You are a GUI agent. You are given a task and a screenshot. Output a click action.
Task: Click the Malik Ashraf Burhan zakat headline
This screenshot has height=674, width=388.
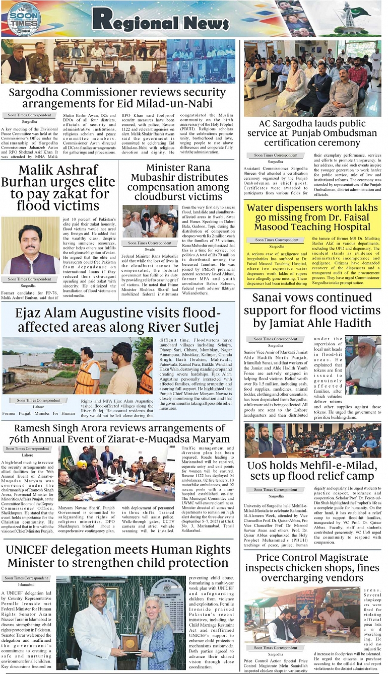(58, 187)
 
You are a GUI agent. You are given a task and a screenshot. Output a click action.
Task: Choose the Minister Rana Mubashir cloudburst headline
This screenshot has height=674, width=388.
(178, 182)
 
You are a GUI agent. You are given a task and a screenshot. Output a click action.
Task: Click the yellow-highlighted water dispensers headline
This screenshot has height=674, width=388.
(312, 217)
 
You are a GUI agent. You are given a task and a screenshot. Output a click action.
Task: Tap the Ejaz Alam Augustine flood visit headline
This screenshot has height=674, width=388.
(117, 321)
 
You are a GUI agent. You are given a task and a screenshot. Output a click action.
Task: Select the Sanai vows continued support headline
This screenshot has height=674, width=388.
(312, 310)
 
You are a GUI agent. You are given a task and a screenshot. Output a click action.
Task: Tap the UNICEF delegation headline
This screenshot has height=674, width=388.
(117, 556)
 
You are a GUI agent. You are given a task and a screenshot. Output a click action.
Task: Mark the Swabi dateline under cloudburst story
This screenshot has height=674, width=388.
(150, 249)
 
